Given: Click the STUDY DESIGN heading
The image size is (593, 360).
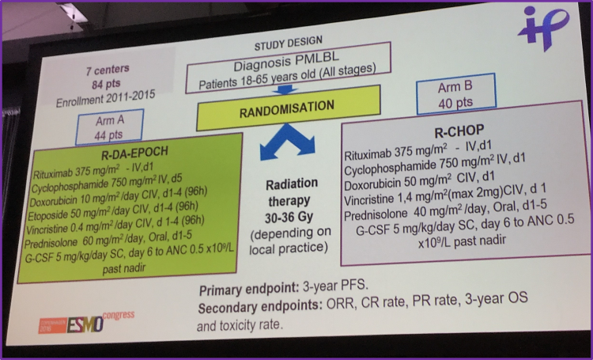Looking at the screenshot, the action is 288,43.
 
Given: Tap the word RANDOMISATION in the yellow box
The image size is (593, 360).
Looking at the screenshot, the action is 287,108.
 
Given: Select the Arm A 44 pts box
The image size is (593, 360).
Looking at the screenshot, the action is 109,127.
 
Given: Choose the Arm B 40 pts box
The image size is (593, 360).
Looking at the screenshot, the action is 455,94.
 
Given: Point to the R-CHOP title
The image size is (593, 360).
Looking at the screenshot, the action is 459,131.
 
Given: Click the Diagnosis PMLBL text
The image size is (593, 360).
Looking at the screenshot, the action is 286,62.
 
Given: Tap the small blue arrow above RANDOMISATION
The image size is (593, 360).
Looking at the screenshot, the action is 285,90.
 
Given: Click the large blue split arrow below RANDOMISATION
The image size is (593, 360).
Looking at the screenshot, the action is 287,141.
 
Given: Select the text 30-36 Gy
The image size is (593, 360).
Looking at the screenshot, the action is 289,218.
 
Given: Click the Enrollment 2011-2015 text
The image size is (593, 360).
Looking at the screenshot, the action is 105,98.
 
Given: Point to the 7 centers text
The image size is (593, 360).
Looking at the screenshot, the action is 108,70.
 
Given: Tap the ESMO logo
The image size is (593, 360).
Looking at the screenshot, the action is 85,324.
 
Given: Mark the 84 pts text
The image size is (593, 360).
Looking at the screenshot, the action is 106,84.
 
